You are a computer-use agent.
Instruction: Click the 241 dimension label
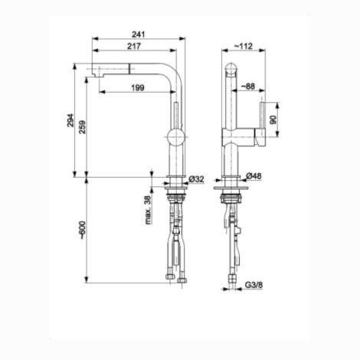coord(138,34)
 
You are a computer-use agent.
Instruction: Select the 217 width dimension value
coord(134,46)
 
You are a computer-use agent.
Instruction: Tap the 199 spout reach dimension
coord(138,88)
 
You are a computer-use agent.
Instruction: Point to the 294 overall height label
coord(70,120)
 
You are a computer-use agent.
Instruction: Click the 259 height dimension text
coord(82,127)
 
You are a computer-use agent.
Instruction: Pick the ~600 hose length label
coord(82,230)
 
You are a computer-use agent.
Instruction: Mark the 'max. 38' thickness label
coord(148,210)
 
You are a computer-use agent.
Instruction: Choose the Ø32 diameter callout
coord(197,179)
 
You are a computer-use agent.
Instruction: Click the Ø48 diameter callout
coord(254,176)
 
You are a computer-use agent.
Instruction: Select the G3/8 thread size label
coord(254,285)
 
